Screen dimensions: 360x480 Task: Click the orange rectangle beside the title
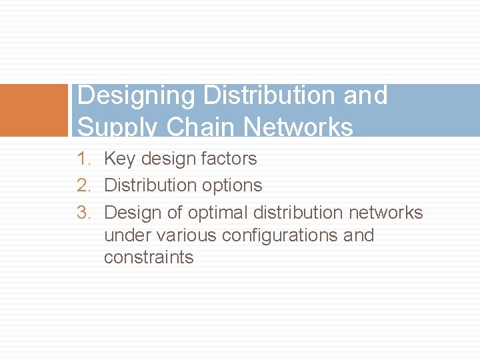tap(34, 110)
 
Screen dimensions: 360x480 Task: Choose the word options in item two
tap(232, 185)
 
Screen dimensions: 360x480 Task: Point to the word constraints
tap(149, 257)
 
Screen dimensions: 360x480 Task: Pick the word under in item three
tap(127, 235)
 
